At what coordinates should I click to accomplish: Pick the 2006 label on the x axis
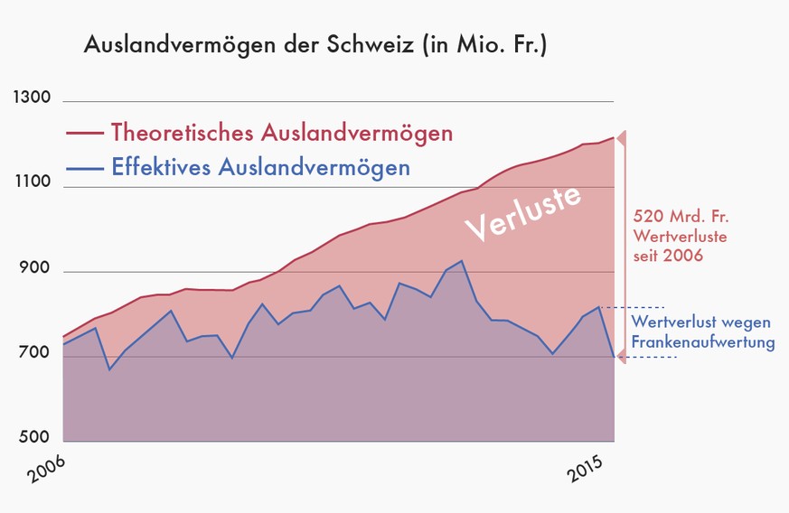point(45,472)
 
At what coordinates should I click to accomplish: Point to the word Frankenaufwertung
point(703,343)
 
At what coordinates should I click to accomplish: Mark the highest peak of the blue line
point(462,261)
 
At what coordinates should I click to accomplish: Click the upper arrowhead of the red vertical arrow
point(620,137)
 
